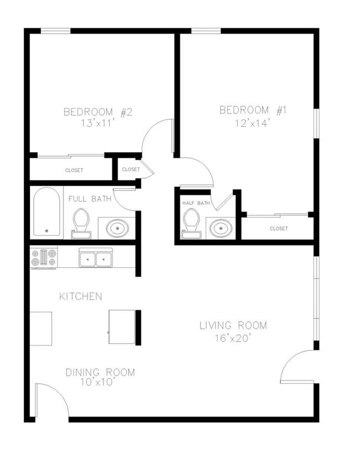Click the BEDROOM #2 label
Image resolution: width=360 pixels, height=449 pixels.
tap(97, 112)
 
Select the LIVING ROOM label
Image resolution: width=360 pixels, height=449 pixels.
tap(233, 325)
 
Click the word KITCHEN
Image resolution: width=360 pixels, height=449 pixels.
tap(81, 297)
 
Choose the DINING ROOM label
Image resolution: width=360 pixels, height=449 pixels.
tap(100, 372)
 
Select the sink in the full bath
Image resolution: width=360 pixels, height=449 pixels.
tap(117, 227)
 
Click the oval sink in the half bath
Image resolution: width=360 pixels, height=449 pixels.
tap(221, 228)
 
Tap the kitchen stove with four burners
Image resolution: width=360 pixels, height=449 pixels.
tap(44, 257)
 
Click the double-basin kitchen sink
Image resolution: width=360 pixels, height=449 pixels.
tap(96, 259)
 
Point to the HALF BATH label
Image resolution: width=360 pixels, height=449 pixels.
tap(196, 203)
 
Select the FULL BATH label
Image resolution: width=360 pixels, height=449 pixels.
tap(90, 198)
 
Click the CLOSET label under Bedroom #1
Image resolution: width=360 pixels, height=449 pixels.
tap(279, 228)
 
